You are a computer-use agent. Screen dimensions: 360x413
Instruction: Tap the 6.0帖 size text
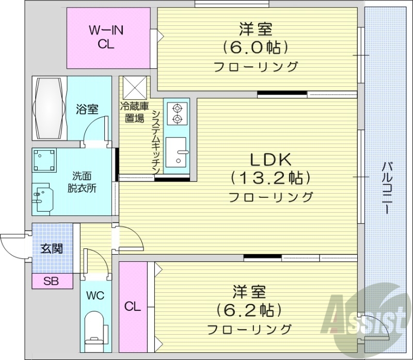tap(255, 48)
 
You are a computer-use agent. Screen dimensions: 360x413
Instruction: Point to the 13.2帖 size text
tap(271, 178)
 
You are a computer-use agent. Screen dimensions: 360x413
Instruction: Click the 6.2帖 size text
tap(249, 310)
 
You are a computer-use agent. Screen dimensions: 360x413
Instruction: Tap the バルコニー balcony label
tap(387, 189)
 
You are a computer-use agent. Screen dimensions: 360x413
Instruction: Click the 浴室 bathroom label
tap(87, 109)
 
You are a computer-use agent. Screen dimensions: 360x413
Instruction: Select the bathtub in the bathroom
tap(50, 108)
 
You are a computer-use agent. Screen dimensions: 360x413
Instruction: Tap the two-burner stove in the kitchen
tap(178, 114)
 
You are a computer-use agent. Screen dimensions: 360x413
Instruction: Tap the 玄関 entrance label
tap(52, 249)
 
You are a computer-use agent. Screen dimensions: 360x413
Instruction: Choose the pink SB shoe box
tap(51, 282)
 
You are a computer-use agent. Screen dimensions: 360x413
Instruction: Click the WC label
tap(96, 296)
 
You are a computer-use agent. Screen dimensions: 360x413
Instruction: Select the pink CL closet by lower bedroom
tap(133, 307)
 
